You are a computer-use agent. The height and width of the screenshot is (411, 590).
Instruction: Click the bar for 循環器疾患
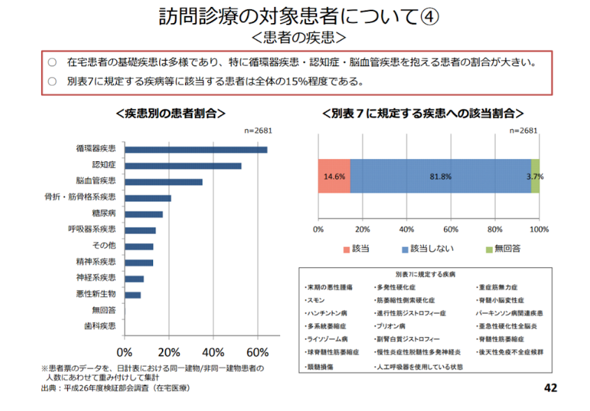tap(196, 149)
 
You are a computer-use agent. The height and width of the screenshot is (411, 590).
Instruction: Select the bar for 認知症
tap(183, 165)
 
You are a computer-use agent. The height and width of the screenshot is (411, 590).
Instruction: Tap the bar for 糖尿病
tap(143, 214)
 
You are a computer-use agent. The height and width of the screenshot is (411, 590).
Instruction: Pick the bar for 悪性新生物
tap(133, 294)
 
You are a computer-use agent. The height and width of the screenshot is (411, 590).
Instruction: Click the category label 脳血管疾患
tap(96, 181)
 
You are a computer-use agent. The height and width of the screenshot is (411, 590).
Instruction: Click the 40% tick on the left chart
tap(214, 350)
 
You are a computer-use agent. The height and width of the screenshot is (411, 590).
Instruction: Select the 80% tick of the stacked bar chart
tap(495, 228)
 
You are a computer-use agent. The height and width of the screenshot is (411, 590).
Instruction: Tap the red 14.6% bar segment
tap(334, 177)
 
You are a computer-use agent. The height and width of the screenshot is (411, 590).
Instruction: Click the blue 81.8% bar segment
tap(440, 177)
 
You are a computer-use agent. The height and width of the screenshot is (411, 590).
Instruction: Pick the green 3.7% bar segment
tap(536, 177)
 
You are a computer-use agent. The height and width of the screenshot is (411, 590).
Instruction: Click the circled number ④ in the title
tap(429, 16)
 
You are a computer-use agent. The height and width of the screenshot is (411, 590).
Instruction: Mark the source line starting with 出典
tap(115, 388)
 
